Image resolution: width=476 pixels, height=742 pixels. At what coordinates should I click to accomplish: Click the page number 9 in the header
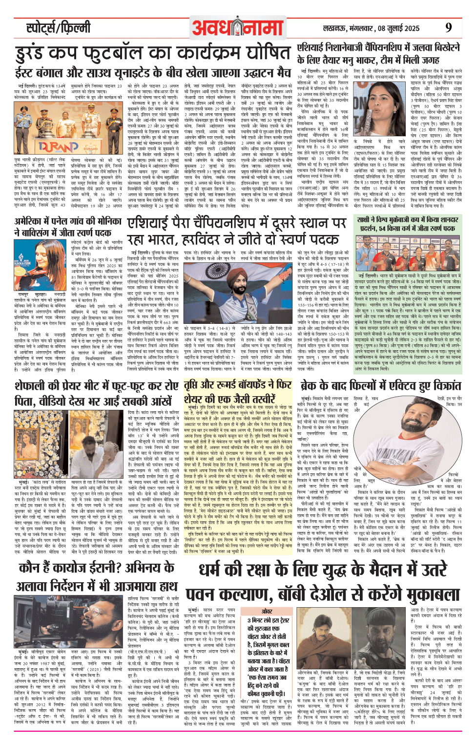(x=448, y=27)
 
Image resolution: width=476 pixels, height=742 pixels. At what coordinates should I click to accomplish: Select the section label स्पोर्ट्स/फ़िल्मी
(x=58, y=28)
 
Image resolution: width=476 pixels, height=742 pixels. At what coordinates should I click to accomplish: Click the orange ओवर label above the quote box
(x=267, y=611)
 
